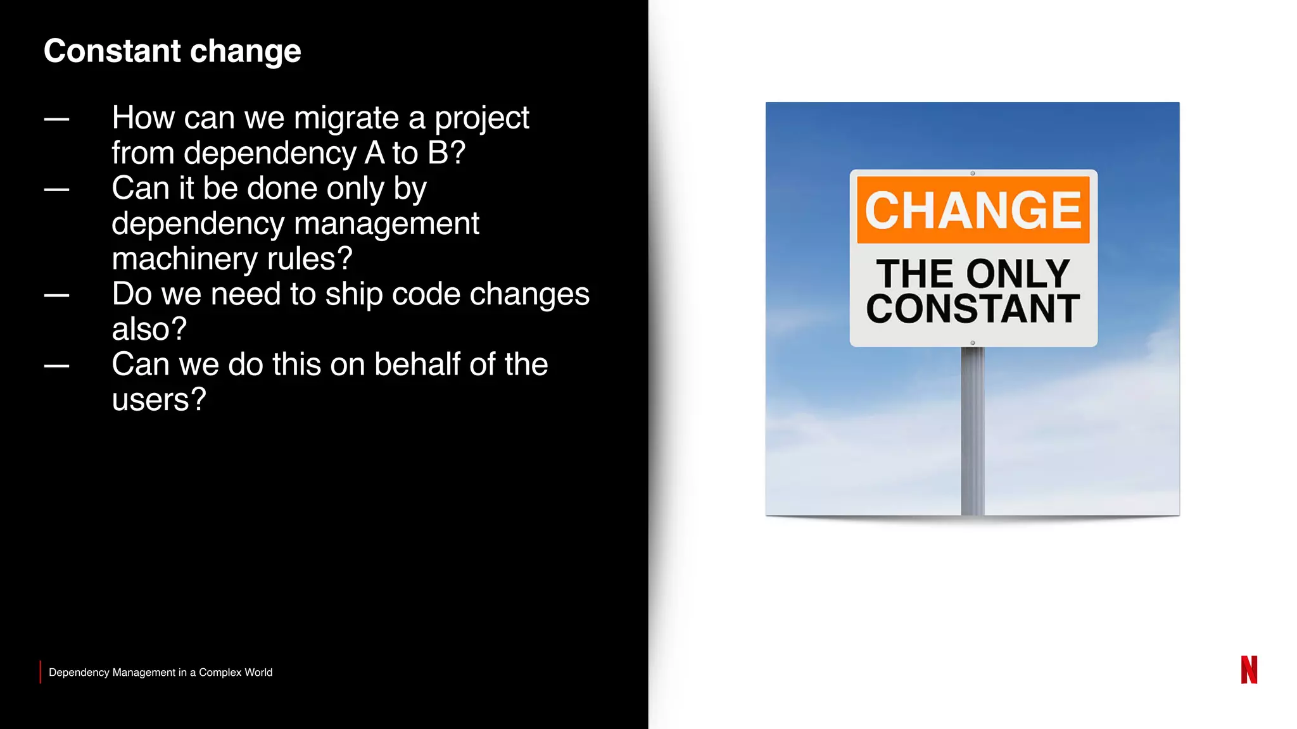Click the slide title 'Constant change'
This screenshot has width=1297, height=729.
click(x=172, y=51)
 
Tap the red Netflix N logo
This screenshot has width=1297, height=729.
click(x=1249, y=670)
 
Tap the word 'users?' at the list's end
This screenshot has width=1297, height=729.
click(x=159, y=400)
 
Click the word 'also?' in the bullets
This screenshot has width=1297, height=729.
click(x=149, y=330)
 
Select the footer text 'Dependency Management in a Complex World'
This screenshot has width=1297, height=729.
click(x=160, y=672)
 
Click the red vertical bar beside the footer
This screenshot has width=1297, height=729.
click(x=41, y=672)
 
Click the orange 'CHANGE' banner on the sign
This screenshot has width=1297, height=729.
click(x=973, y=209)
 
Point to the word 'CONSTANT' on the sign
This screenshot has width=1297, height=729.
click(x=973, y=309)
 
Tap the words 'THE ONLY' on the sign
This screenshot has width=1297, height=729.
click(x=973, y=273)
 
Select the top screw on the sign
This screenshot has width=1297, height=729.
click(x=973, y=173)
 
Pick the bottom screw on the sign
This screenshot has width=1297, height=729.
click(x=973, y=343)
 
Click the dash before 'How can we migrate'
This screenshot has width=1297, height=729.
click(x=56, y=119)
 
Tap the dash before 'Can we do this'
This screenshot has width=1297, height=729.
click(x=56, y=366)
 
